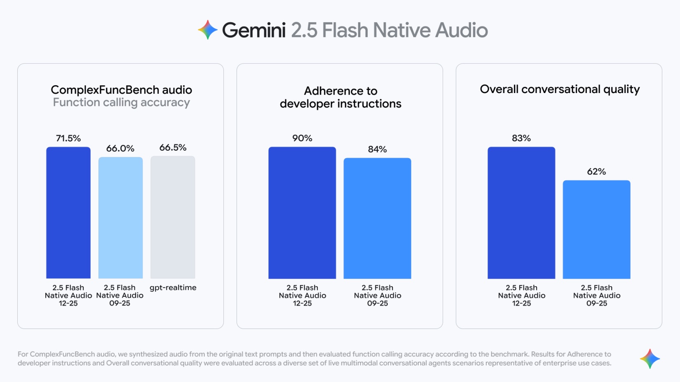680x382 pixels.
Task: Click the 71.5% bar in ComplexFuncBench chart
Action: [x=68, y=212]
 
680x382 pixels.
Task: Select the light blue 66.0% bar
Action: [x=120, y=217]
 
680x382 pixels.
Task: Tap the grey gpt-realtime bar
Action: [x=173, y=217]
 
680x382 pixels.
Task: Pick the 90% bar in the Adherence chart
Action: [x=302, y=212]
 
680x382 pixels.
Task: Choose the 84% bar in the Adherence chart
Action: [x=377, y=218]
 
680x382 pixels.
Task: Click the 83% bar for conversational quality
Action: [x=521, y=212]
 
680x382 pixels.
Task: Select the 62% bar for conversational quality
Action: [x=596, y=229]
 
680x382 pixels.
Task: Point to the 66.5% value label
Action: [x=173, y=147]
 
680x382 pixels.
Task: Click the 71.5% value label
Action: [x=68, y=138]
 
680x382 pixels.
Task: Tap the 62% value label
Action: [x=596, y=172]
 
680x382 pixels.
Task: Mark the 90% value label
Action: [x=302, y=138]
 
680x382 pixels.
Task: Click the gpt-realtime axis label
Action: [x=173, y=288]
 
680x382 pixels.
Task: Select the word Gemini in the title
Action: [x=253, y=30]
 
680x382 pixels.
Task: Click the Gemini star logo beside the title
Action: [x=208, y=30]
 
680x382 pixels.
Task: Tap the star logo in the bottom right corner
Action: [x=650, y=359]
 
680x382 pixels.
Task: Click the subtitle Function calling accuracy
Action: [x=121, y=102]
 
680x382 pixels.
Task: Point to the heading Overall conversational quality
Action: [x=560, y=89]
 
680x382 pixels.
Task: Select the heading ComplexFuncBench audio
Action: [x=121, y=90]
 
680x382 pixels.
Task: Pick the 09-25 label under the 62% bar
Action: [x=596, y=303]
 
